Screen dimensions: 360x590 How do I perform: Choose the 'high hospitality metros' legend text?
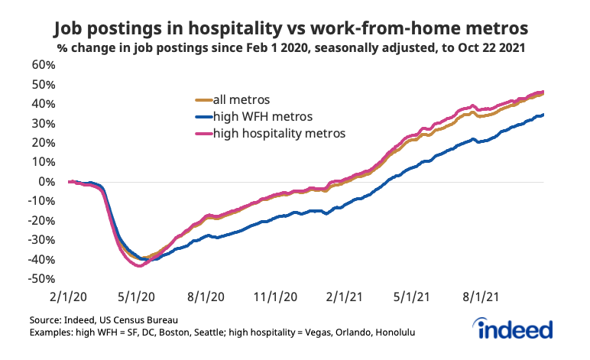[x=280, y=133]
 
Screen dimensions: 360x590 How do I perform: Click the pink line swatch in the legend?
[x=201, y=134]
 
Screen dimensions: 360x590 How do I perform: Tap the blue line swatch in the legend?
[x=201, y=117]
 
